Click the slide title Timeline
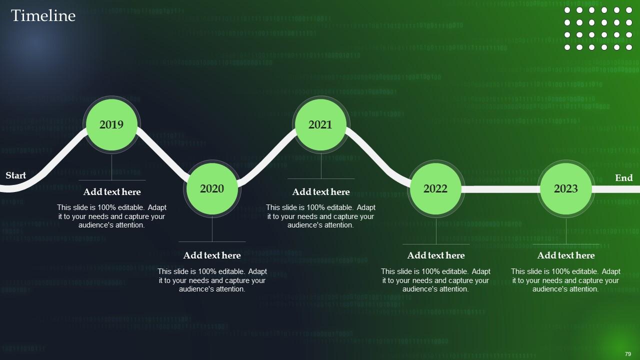[x=43, y=16]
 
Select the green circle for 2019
[x=111, y=124]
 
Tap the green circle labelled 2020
[x=212, y=188]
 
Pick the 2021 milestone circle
[x=320, y=124]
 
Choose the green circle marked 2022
[x=435, y=188]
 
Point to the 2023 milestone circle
[x=565, y=188]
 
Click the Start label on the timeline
[x=16, y=175]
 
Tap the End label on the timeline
[x=623, y=178]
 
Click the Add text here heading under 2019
[x=112, y=192]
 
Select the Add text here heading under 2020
[x=212, y=255]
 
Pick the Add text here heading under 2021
[x=321, y=192]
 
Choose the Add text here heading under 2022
[x=436, y=255]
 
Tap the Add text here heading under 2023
[x=566, y=255]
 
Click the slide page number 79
[x=628, y=354]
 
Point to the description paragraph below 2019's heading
[x=112, y=216]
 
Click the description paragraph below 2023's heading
[x=565, y=280]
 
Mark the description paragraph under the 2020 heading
[x=212, y=280]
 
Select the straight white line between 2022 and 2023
[x=500, y=189]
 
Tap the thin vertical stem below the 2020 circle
[x=212, y=229]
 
